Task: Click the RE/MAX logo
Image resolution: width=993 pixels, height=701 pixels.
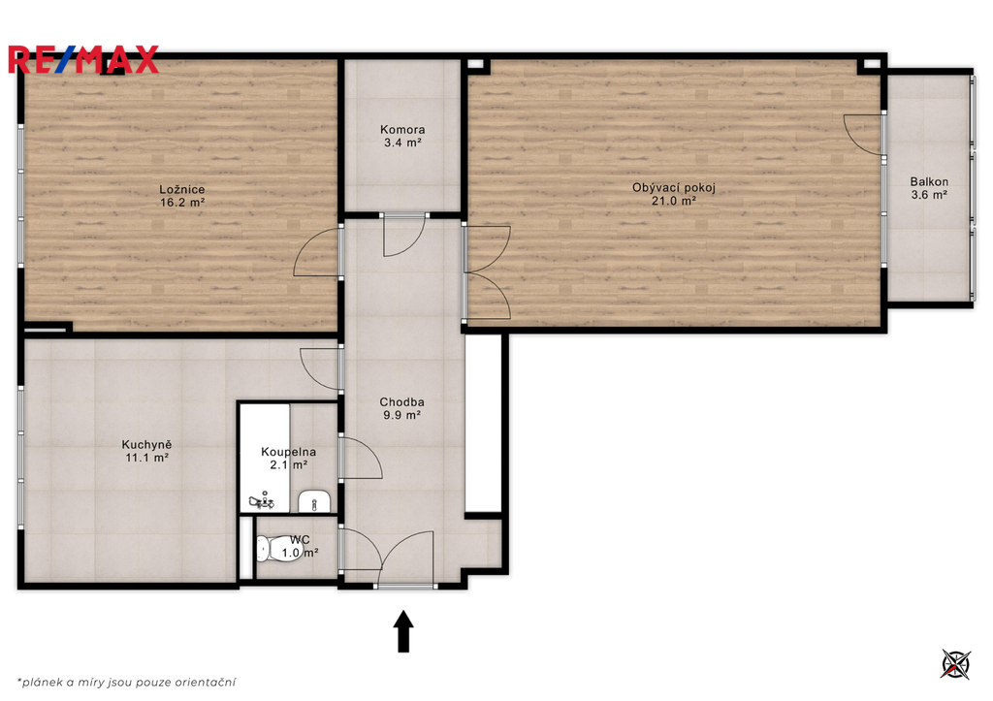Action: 83,60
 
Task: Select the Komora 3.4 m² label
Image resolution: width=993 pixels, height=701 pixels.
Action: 402,136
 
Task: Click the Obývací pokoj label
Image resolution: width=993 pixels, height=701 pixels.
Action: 674,187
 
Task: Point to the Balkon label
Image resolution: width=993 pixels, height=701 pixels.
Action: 929,181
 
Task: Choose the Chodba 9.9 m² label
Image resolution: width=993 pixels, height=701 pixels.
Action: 401,408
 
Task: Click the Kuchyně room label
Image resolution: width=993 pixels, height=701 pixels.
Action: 146,445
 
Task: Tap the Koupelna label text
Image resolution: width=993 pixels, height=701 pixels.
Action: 288,452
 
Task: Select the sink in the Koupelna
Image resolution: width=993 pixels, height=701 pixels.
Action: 314,500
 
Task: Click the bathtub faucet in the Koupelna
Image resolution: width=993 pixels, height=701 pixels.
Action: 262,501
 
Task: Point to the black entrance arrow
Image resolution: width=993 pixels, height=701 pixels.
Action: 403,631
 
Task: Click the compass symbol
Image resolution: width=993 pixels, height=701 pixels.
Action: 955,664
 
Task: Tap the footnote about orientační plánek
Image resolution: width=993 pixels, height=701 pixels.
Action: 127,682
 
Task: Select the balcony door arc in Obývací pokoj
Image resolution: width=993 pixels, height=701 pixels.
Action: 862,134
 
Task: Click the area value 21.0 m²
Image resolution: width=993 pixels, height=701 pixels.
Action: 674,201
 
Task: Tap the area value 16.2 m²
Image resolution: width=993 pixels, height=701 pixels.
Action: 181,203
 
